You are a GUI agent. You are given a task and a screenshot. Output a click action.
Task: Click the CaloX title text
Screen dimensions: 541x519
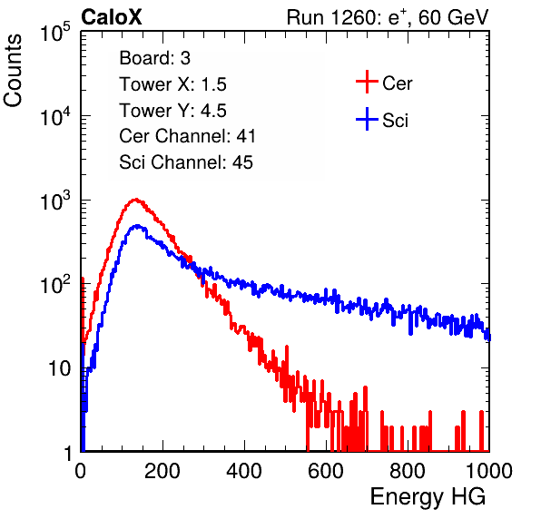point(112,17)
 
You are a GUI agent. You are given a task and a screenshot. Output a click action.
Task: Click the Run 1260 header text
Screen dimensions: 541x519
point(388,17)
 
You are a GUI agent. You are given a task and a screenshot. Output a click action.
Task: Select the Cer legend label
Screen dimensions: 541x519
point(397,83)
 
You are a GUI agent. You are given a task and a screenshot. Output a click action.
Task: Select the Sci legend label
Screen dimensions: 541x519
point(396,121)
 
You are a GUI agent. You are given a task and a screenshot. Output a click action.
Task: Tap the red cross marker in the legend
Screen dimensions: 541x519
point(367,82)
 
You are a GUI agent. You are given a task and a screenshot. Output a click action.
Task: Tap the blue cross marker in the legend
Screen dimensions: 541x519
point(367,119)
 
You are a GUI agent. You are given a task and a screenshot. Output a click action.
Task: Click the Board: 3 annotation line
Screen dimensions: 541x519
point(155,58)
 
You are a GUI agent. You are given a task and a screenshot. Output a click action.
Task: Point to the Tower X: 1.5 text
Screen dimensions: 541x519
point(172,84)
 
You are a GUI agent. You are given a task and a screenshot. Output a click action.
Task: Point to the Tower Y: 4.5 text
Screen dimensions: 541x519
point(172,111)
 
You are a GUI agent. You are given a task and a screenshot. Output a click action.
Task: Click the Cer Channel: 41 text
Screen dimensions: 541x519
point(187,136)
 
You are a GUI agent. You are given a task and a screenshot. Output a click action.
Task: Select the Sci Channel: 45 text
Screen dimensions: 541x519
point(186,162)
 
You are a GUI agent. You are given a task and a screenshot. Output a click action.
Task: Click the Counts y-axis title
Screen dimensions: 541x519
point(13,71)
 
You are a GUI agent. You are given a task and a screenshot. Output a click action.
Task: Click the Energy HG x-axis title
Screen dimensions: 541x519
point(428,497)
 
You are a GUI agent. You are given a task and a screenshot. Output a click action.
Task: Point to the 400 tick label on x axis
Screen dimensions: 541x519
point(244,471)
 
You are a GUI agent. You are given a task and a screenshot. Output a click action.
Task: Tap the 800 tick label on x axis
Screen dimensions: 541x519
point(408,471)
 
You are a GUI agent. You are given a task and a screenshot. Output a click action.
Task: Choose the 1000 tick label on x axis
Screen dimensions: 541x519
point(489,471)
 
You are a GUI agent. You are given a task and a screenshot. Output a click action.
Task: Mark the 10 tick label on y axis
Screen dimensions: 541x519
point(59,368)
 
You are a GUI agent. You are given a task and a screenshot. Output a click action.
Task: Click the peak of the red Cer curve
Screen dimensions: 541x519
point(136,199)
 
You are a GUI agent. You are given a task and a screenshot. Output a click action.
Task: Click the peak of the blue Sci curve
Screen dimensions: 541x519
point(137,226)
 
